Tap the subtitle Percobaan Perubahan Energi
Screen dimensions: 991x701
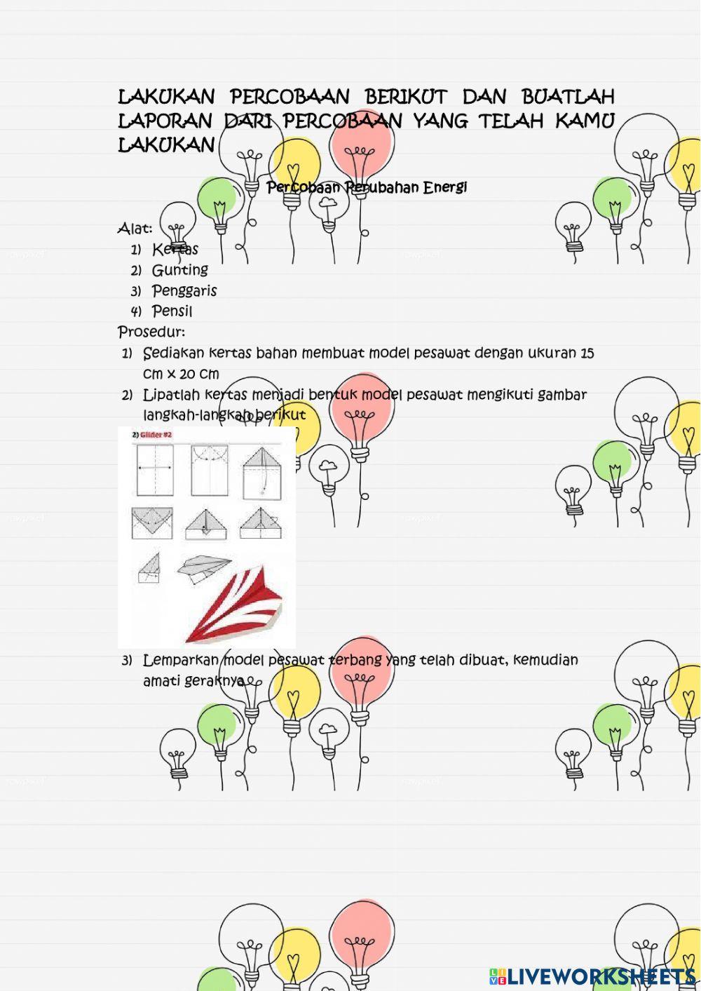pyautogui.click(x=367, y=187)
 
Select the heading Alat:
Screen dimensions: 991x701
pyautogui.click(x=135, y=229)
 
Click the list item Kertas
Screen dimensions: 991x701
pyautogui.click(x=175, y=249)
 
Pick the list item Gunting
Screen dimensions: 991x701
pyautogui.click(x=180, y=270)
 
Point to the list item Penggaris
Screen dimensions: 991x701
pyautogui.click(x=184, y=290)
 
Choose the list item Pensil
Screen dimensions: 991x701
pyautogui.click(x=172, y=311)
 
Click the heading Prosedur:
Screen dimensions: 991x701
pyautogui.click(x=151, y=331)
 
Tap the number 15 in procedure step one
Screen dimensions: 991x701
pyautogui.click(x=587, y=353)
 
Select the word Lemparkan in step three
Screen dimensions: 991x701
pyautogui.click(x=180, y=660)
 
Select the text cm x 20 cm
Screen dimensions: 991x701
pyautogui.click(x=181, y=374)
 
